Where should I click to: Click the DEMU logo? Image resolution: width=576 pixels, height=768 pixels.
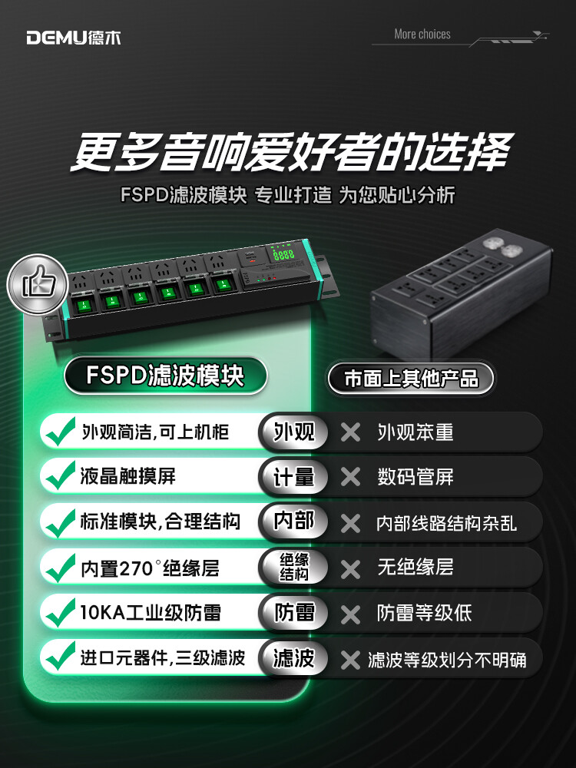74,38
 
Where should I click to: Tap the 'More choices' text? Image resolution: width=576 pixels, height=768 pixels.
422,35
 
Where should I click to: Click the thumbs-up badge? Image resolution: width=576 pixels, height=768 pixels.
38,284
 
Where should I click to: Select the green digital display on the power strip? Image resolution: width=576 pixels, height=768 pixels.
283,254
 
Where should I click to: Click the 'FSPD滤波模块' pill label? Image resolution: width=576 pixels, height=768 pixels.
166,376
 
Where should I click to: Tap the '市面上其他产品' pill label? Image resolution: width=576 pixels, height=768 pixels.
412,379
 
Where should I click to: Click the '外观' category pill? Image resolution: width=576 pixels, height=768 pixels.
293,432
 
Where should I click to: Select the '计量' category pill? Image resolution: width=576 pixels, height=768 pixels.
293,477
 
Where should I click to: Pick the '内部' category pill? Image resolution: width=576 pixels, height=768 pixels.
293,521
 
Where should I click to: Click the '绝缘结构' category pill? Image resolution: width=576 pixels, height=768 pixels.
293,567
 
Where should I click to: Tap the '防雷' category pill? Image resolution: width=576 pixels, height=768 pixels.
293,612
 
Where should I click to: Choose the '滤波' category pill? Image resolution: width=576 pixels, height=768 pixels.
293,658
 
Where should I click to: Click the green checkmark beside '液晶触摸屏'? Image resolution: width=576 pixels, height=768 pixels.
60,475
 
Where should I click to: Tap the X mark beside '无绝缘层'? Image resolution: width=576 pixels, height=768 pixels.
350,569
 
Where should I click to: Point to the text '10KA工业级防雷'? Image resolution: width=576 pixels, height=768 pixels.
151,613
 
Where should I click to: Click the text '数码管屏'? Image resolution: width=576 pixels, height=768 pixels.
415,477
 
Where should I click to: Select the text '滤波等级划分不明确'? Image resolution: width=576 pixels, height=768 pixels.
447,660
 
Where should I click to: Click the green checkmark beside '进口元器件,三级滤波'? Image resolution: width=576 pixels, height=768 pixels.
60,656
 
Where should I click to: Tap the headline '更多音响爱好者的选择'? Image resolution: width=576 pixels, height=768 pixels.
292,152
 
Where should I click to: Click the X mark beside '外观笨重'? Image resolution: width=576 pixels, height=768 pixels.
350,432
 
